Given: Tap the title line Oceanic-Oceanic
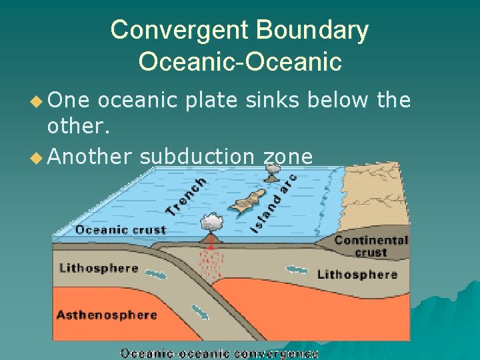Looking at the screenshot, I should [240, 61].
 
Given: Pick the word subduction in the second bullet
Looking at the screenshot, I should [197, 156].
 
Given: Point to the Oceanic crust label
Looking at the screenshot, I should [120, 230].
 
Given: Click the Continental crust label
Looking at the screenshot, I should [371, 246].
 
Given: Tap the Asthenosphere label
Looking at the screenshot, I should [107, 315].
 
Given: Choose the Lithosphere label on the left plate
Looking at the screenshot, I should [99, 269].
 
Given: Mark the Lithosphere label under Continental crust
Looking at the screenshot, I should [357, 274].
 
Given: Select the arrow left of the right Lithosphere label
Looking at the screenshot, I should [297, 270].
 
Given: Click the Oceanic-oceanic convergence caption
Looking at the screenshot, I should [219, 353].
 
